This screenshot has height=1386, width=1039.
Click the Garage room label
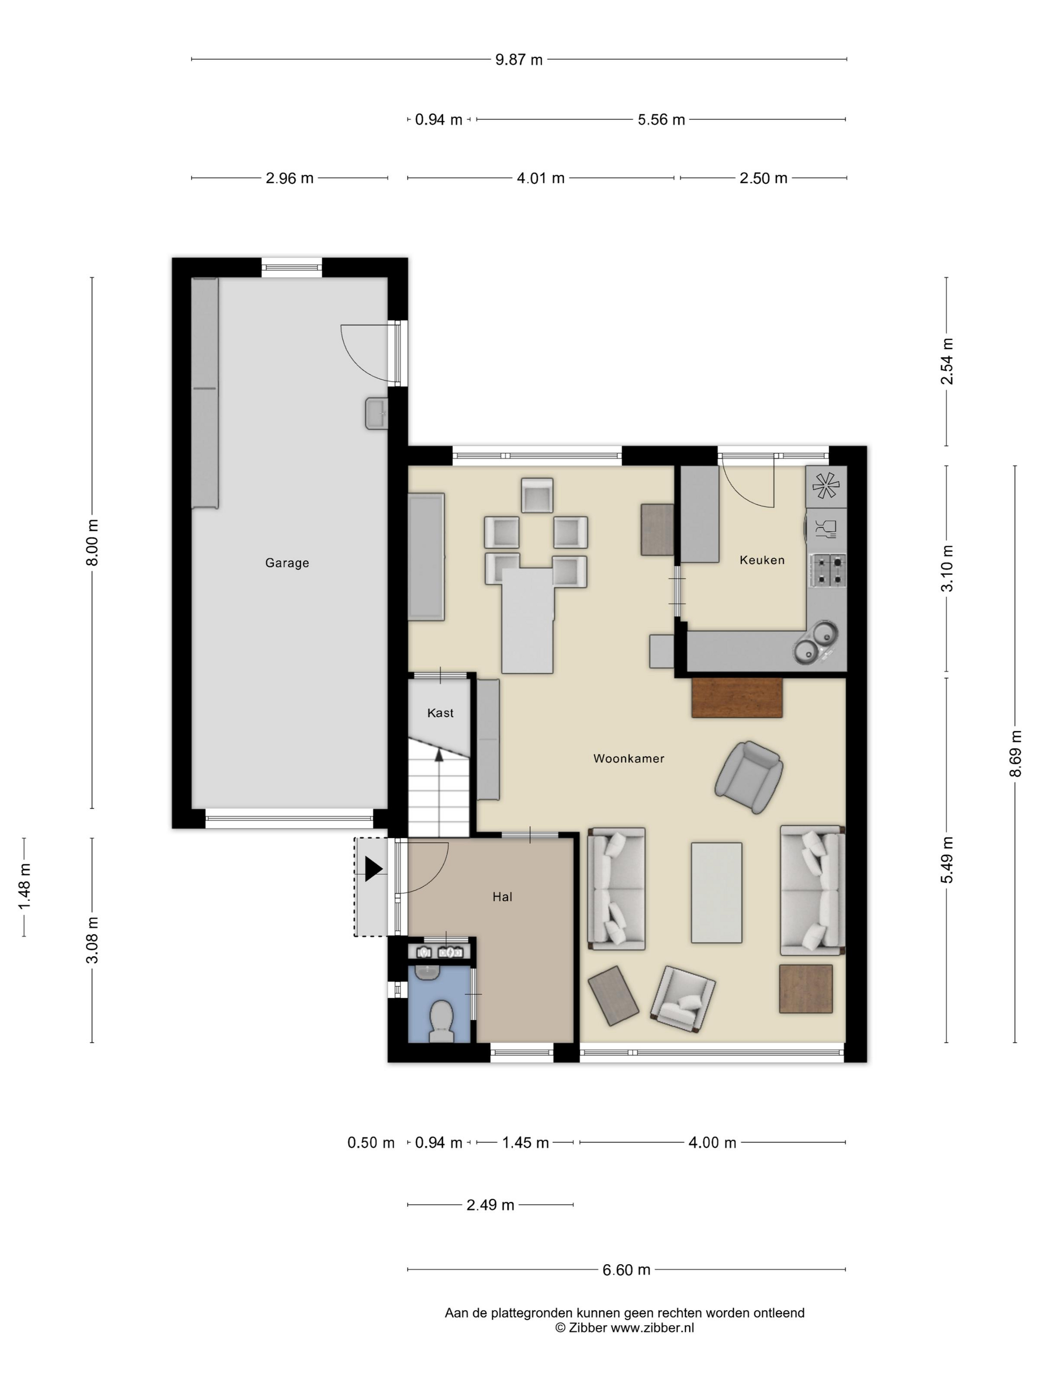coord(287,563)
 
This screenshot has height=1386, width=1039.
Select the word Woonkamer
coord(629,758)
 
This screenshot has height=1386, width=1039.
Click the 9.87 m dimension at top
coord(519,59)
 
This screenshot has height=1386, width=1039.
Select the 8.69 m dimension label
coord(1015,753)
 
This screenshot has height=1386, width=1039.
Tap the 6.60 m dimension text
coord(626,1270)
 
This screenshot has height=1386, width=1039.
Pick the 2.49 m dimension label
coord(490,1205)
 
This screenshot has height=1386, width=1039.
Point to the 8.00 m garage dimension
coord(92,542)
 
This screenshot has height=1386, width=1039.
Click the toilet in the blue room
coord(442,1021)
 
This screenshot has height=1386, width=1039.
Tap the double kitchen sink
coord(815,643)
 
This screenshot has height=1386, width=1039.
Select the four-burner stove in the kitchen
coord(828,570)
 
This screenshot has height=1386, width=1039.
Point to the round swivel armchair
coord(750,777)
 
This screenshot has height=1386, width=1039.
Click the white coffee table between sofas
coord(716,893)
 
